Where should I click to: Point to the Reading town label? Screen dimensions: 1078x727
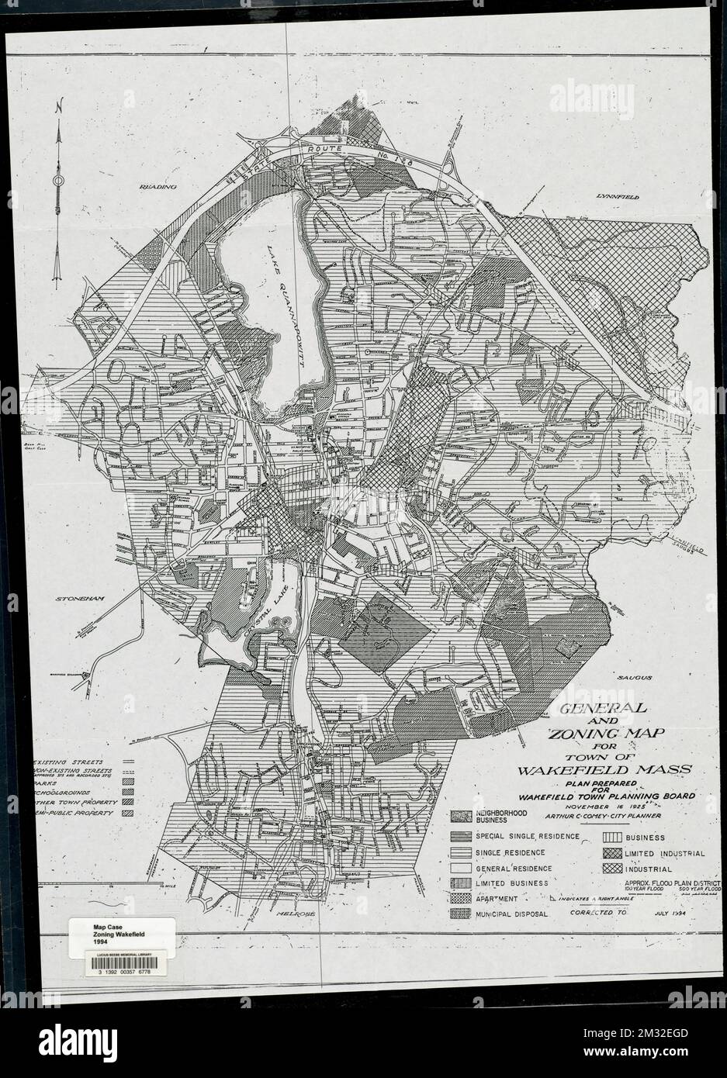tap(158, 188)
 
